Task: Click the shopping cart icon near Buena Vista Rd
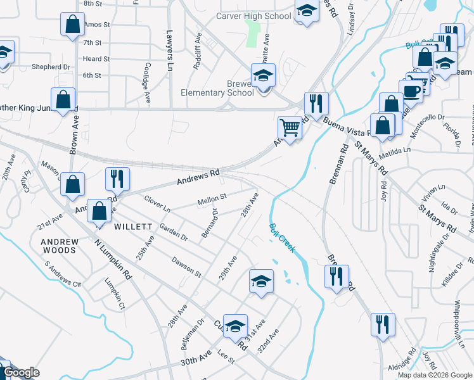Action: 290,128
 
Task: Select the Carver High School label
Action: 253,16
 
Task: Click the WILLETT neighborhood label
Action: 133,226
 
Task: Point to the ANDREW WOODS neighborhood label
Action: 59,246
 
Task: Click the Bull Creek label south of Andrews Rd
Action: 282,238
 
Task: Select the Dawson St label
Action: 186,268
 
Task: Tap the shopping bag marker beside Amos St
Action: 73,25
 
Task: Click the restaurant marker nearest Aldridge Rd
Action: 381,325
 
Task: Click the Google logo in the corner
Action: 22,372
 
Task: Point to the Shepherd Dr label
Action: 49,66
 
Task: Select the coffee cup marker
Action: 411,91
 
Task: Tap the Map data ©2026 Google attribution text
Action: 435,375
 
